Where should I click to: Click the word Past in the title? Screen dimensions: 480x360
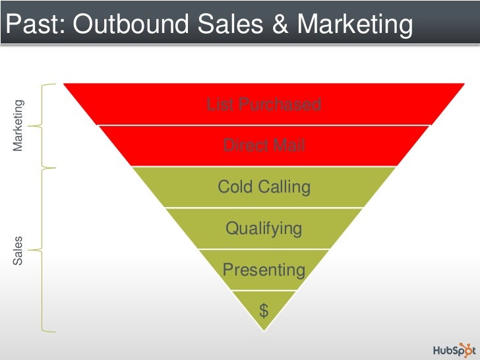pos(34,24)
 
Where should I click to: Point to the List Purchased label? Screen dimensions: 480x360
pos(264,104)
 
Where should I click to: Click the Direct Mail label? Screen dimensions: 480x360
pos(264,145)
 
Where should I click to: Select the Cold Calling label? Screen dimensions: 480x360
pos(264,187)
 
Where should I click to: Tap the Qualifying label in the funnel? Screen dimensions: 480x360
pos(264,229)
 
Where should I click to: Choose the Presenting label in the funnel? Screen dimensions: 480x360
pos(264,270)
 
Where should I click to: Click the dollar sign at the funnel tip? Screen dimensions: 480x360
pos(264,311)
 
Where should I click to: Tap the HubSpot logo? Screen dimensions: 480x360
pos(453,349)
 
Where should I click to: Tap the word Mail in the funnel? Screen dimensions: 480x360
pos(289,145)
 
